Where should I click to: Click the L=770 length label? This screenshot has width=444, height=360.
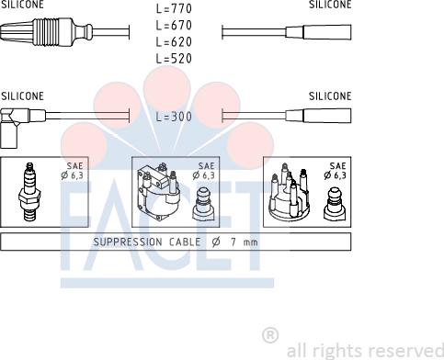[x=174, y=8]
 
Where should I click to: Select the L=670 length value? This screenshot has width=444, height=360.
[x=174, y=25]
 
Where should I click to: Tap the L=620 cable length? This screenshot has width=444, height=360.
[x=174, y=41]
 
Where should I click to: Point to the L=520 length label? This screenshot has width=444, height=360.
[x=174, y=58]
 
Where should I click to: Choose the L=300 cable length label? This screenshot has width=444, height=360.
[x=174, y=117]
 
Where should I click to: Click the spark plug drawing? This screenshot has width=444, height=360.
[x=29, y=192]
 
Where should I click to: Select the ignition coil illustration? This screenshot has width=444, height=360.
[x=158, y=191]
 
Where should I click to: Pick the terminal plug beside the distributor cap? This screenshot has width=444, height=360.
[x=335, y=204]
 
